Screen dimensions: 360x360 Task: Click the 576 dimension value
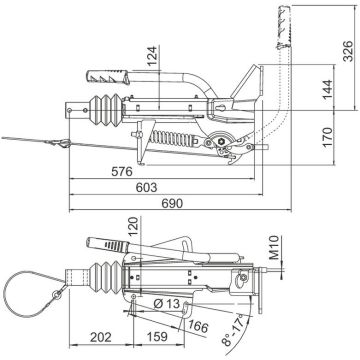122,172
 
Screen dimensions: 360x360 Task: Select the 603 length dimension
146,187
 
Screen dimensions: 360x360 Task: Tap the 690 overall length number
172,203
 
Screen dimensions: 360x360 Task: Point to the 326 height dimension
348,51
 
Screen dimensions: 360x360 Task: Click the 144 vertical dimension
327,89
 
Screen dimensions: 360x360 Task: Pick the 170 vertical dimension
327,137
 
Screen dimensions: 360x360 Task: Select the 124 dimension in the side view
152,56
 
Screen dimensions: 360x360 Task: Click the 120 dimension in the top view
133,226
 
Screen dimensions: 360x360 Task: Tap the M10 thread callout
274,247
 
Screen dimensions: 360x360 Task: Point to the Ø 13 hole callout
167,304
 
